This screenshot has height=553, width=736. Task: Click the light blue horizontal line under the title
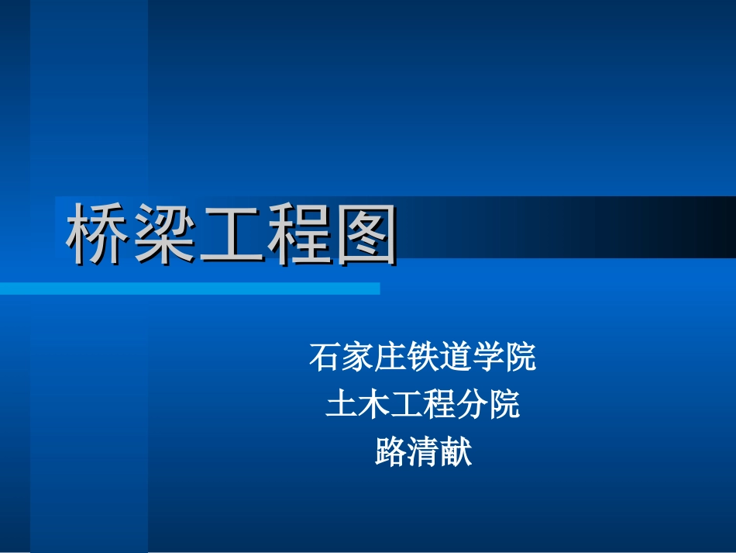[x=190, y=289]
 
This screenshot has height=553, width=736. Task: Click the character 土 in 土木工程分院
[x=342, y=404]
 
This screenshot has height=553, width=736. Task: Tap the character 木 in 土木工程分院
[x=374, y=404]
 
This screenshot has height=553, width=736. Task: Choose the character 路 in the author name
[x=390, y=451]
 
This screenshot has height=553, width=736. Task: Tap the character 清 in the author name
[x=423, y=451]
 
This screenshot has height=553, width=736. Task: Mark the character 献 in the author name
[x=456, y=451]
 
